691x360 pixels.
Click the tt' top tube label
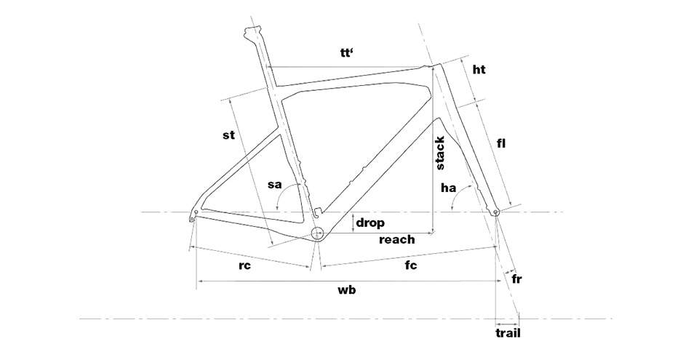(347, 53)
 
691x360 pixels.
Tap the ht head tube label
(479, 70)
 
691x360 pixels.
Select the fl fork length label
(500, 143)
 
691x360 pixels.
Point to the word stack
(440, 153)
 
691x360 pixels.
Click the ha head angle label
(448, 188)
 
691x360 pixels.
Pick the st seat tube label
(228, 135)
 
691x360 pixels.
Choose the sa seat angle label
(274, 185)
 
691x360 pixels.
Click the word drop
(370, 223)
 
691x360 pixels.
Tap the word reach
(397, 240)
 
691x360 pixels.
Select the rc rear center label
(244, 265)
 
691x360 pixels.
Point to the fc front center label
(411, 265)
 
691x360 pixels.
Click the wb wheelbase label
(347, 290)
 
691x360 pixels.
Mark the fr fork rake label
(517, 279)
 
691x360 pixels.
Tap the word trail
(508, 333)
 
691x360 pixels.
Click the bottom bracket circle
(317, 233)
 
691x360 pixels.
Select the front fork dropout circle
(496, 213)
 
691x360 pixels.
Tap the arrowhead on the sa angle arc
(278, 208)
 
